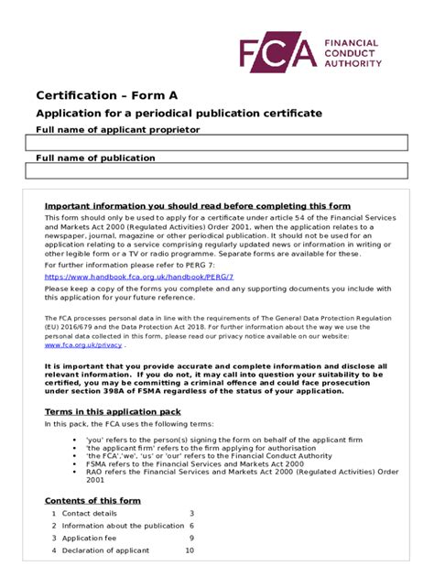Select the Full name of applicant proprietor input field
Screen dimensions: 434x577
click(x=216, y=142)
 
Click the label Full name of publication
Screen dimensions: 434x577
click(x=95, y=158)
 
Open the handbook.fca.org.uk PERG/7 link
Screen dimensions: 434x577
click(x=139, y=276)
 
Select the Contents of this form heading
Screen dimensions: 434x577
click(x=92, y=500)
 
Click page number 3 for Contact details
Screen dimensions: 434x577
click(x=191, y=514)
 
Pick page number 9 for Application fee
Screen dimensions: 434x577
click(x=191, y=539)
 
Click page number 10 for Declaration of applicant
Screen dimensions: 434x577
click(x=190, y=550)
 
